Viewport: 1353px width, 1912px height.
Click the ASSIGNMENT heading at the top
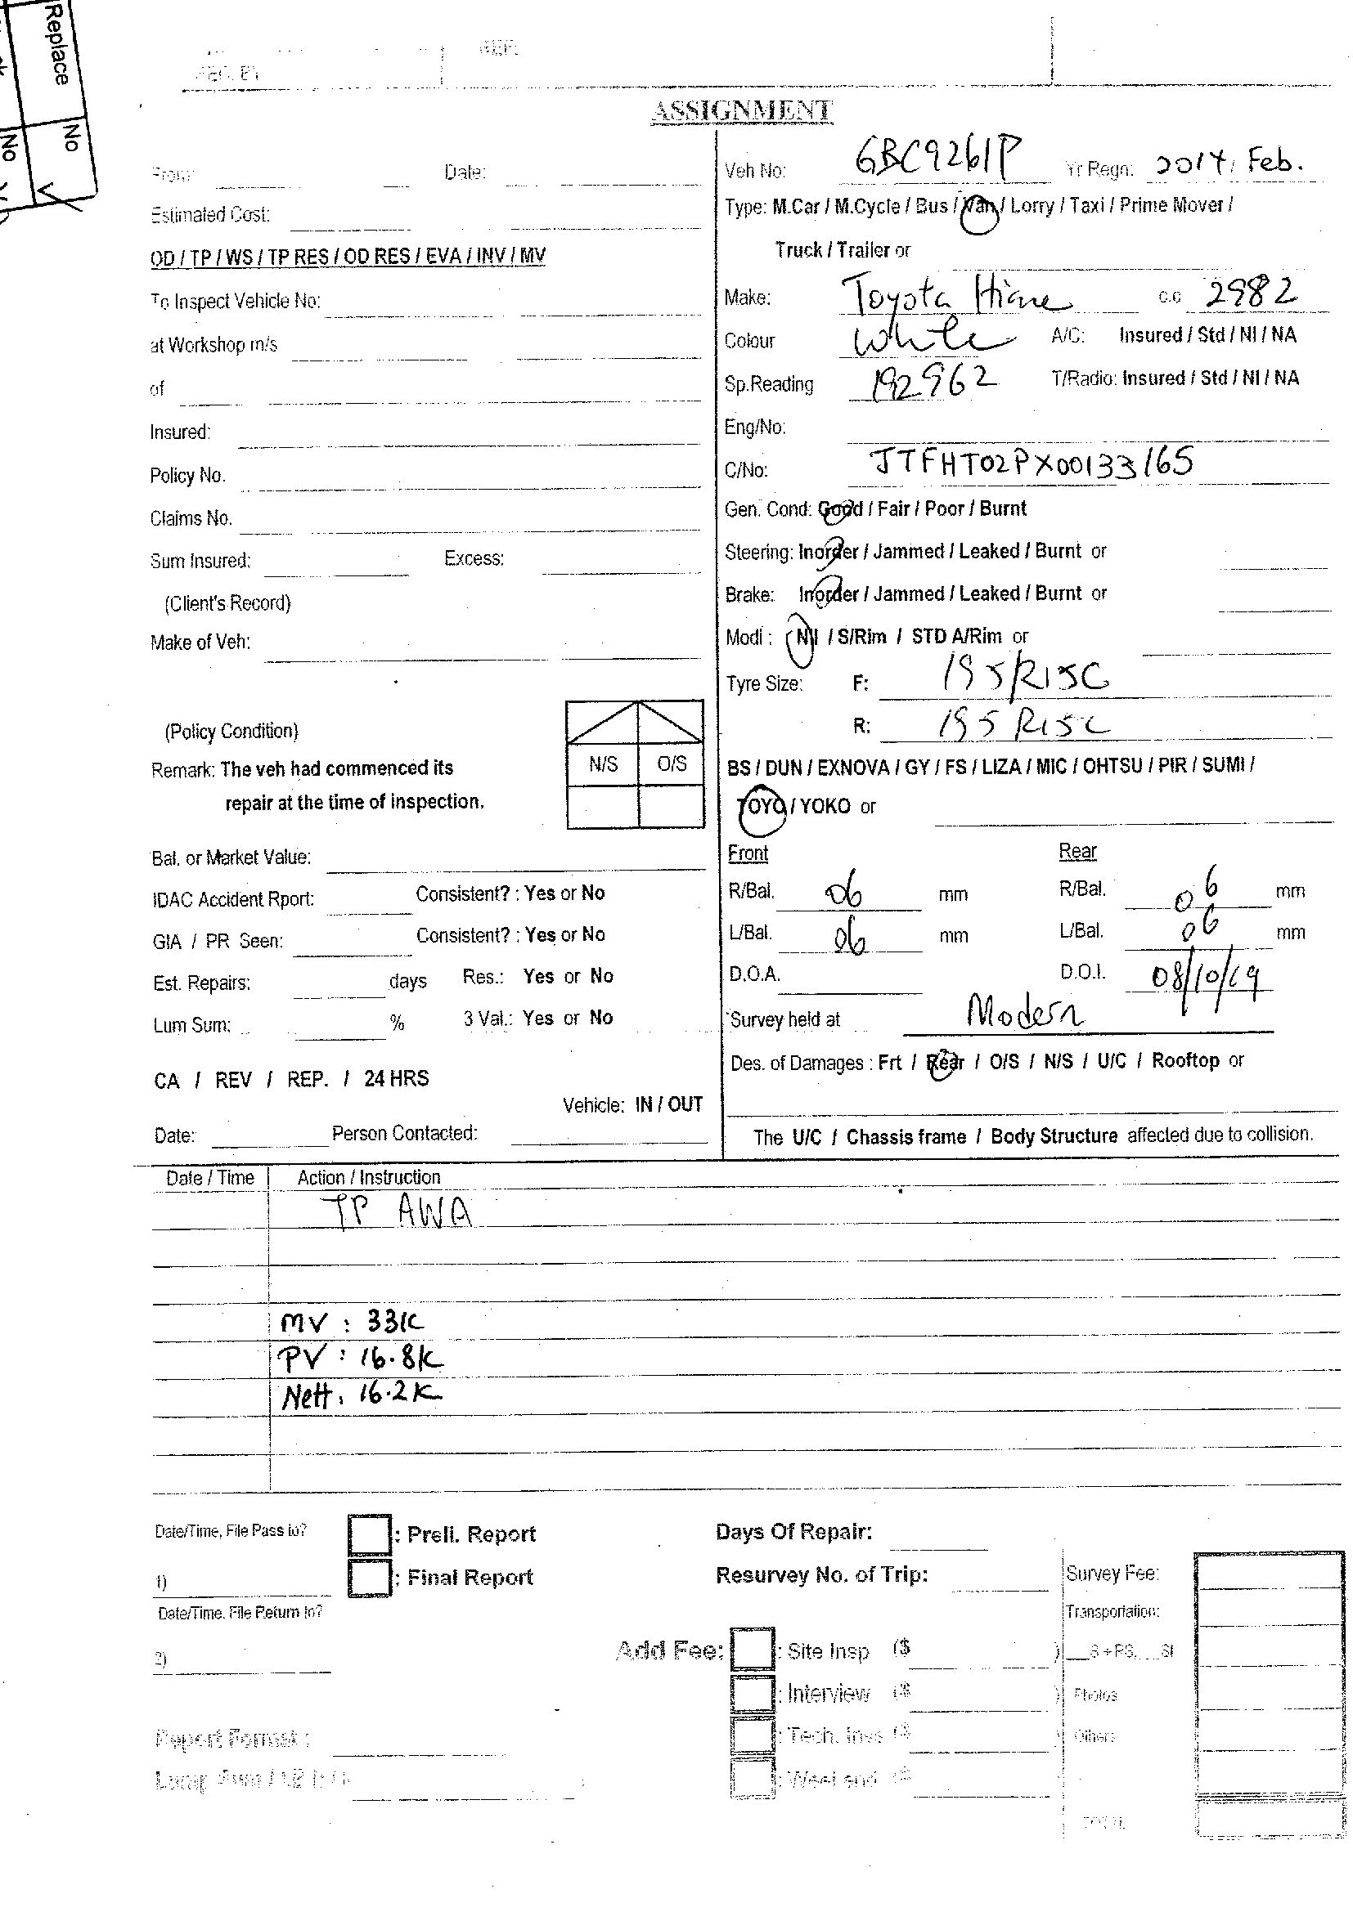[x=740, y=110]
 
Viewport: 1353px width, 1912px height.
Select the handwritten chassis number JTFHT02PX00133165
[x=1031, y=461]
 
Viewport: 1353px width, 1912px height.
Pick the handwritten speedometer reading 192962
[x=933, y=383]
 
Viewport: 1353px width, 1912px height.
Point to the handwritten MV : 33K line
[x=353, y=1322]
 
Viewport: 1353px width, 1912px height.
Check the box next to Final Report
[x=369, y=1577]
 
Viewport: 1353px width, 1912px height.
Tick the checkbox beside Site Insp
[x=753, y=1650]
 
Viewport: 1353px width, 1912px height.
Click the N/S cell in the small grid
[x=602, y=763]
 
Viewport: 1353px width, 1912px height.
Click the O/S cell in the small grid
[x=672, y=763]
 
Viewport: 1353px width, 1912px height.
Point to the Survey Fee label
[x=1113, y=1573]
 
